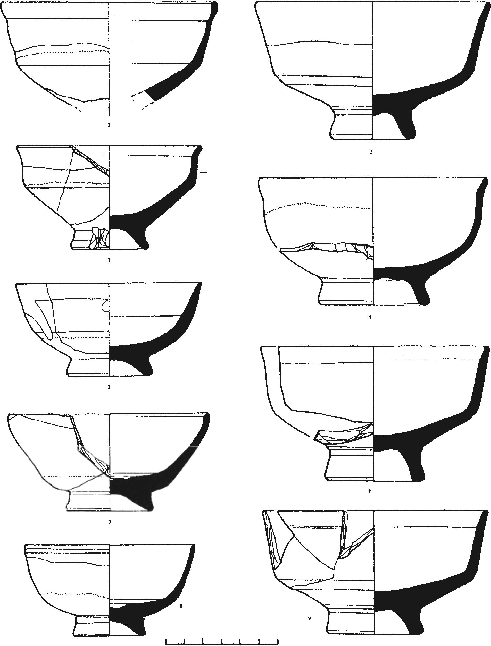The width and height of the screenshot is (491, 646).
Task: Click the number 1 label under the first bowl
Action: [x=109, y=125]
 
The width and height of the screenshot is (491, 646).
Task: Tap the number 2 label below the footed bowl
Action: [x=371, y=152]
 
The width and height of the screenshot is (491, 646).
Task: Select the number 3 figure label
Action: [x=109, y=260]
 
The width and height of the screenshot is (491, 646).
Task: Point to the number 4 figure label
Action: [x=370, y=317]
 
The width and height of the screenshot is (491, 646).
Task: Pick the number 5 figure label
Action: [x=109, y=387]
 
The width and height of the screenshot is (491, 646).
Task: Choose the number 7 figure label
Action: [x=110, y=522]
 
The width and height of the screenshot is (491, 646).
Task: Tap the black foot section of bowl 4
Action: [x=422, y=295]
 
